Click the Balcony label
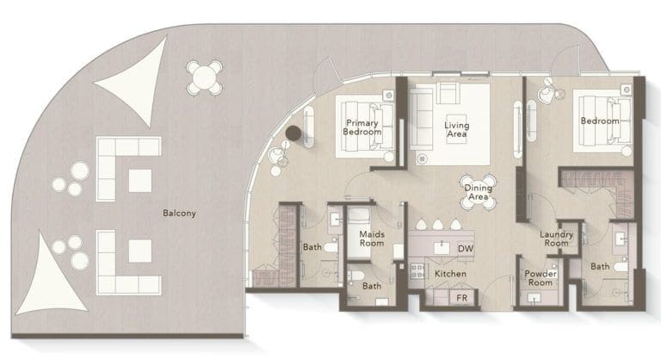click(x=179, y=213)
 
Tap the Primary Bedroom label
click(x=362, y=127)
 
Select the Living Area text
click(x=456, y=130)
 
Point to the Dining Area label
click(x=478, y=192)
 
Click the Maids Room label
click(x=371, y=239)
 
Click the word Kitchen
click(x=450, y=273)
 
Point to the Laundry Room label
click(x=556, y=239)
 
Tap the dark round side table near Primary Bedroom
click(x=294, y=133)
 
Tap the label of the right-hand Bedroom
click(x=599, y=121)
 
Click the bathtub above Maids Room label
click(x=361, y=215)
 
